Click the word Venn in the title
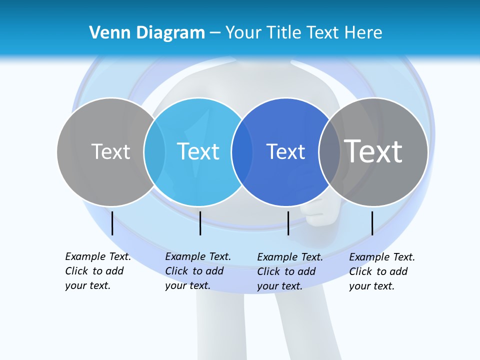[107, 33]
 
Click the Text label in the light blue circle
[198, 151]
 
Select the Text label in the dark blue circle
[285, 151]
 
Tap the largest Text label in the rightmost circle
[373, 151]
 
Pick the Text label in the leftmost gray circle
[110, 151]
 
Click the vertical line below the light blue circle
[200, 223]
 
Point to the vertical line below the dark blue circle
[288, 223]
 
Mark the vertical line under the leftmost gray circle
[112, 223]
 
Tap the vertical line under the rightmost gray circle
[372, 223]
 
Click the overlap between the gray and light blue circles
[154, 151]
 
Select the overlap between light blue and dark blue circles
[242, 151]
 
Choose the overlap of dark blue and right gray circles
[329, 151]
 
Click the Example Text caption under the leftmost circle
[98, 271]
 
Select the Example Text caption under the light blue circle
[198, 271]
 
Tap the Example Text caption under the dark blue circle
[290, 271]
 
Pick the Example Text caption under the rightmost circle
[382, 271]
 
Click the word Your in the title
[243, 33]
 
